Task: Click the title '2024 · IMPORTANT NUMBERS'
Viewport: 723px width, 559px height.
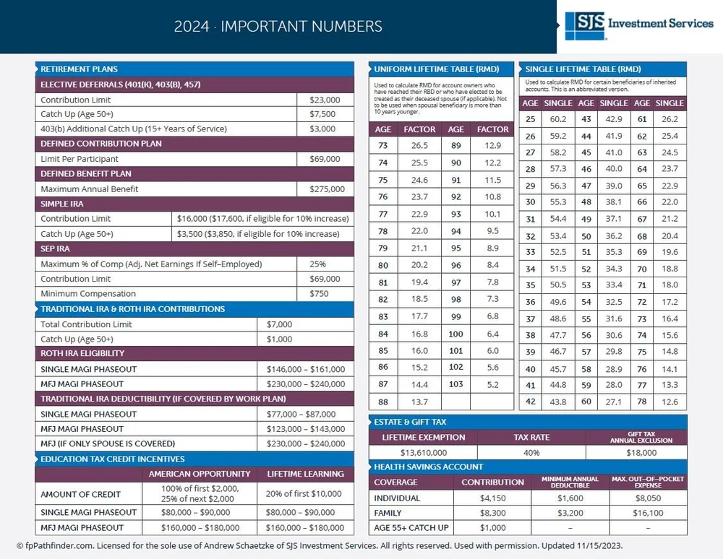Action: (278, 27)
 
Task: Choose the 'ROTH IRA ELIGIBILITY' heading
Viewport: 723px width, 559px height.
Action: (82, 354)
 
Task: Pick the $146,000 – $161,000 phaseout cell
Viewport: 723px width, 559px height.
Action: (306, 369)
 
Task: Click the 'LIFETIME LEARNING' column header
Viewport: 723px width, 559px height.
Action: (305, 474)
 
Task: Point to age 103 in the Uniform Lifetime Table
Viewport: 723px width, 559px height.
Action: (455, 384)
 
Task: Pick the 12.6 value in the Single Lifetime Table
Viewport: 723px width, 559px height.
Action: (669, 402)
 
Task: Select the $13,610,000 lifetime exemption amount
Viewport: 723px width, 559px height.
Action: (423, 453)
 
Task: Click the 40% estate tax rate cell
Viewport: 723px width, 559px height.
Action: (531, 453)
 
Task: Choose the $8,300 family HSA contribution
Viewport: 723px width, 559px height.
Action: (492, 513)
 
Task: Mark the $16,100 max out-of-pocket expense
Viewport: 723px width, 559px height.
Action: (647, 513)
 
